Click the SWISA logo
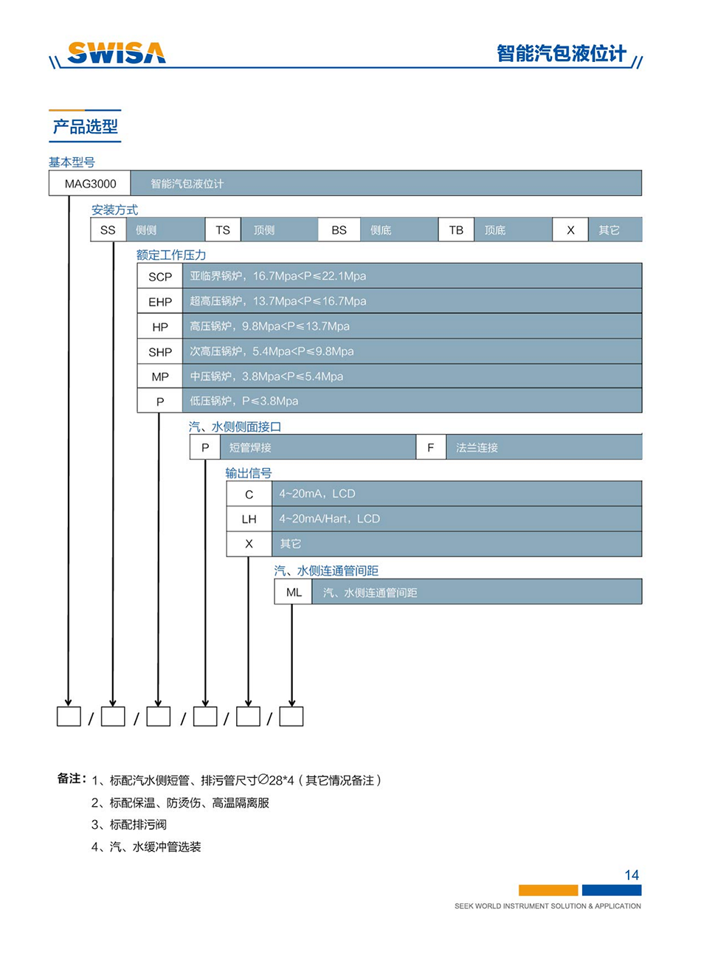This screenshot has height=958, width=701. (117, 52)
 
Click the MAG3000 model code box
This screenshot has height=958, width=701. (90, 183)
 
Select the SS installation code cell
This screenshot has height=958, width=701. (108, 230)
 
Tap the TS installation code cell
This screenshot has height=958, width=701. (223, 230)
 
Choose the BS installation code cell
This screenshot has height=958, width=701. (339, 230)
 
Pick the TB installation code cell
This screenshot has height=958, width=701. (456, 230)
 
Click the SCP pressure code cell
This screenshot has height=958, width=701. (160, 276)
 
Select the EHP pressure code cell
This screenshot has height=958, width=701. (160, 301)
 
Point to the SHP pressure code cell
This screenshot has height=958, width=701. (160, 351)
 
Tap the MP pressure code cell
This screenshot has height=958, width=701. (160, 376)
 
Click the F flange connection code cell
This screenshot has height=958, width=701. (431, 447)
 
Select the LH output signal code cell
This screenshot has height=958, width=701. (249, 519)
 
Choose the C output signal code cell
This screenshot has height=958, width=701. (249, 494)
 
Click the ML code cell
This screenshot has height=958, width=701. (294, 592)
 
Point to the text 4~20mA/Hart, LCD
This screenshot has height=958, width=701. (329, 519)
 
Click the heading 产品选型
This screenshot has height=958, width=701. (86, 127)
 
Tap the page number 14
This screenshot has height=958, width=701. (632, 875)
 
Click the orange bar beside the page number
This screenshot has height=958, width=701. (548, 890)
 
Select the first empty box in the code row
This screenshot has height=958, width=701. (69, 716)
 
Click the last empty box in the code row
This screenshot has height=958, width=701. (291, 716)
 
